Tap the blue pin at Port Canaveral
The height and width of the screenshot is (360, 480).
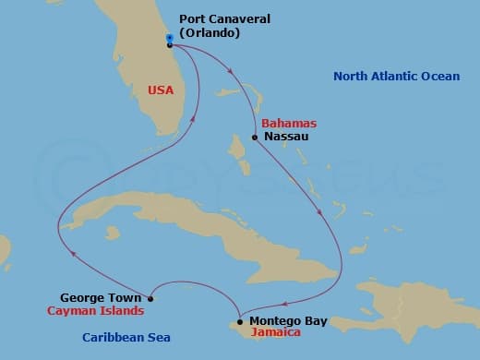click(170, 39)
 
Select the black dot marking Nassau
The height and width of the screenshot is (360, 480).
click(255, 138)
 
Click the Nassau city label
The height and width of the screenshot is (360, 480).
click(285, 137)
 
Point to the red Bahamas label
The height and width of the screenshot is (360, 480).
click(289, 123)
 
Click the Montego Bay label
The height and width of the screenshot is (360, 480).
click(288, 321)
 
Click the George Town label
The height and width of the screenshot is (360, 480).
click(101, 298)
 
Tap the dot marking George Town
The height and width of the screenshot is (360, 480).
click(150, 298)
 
